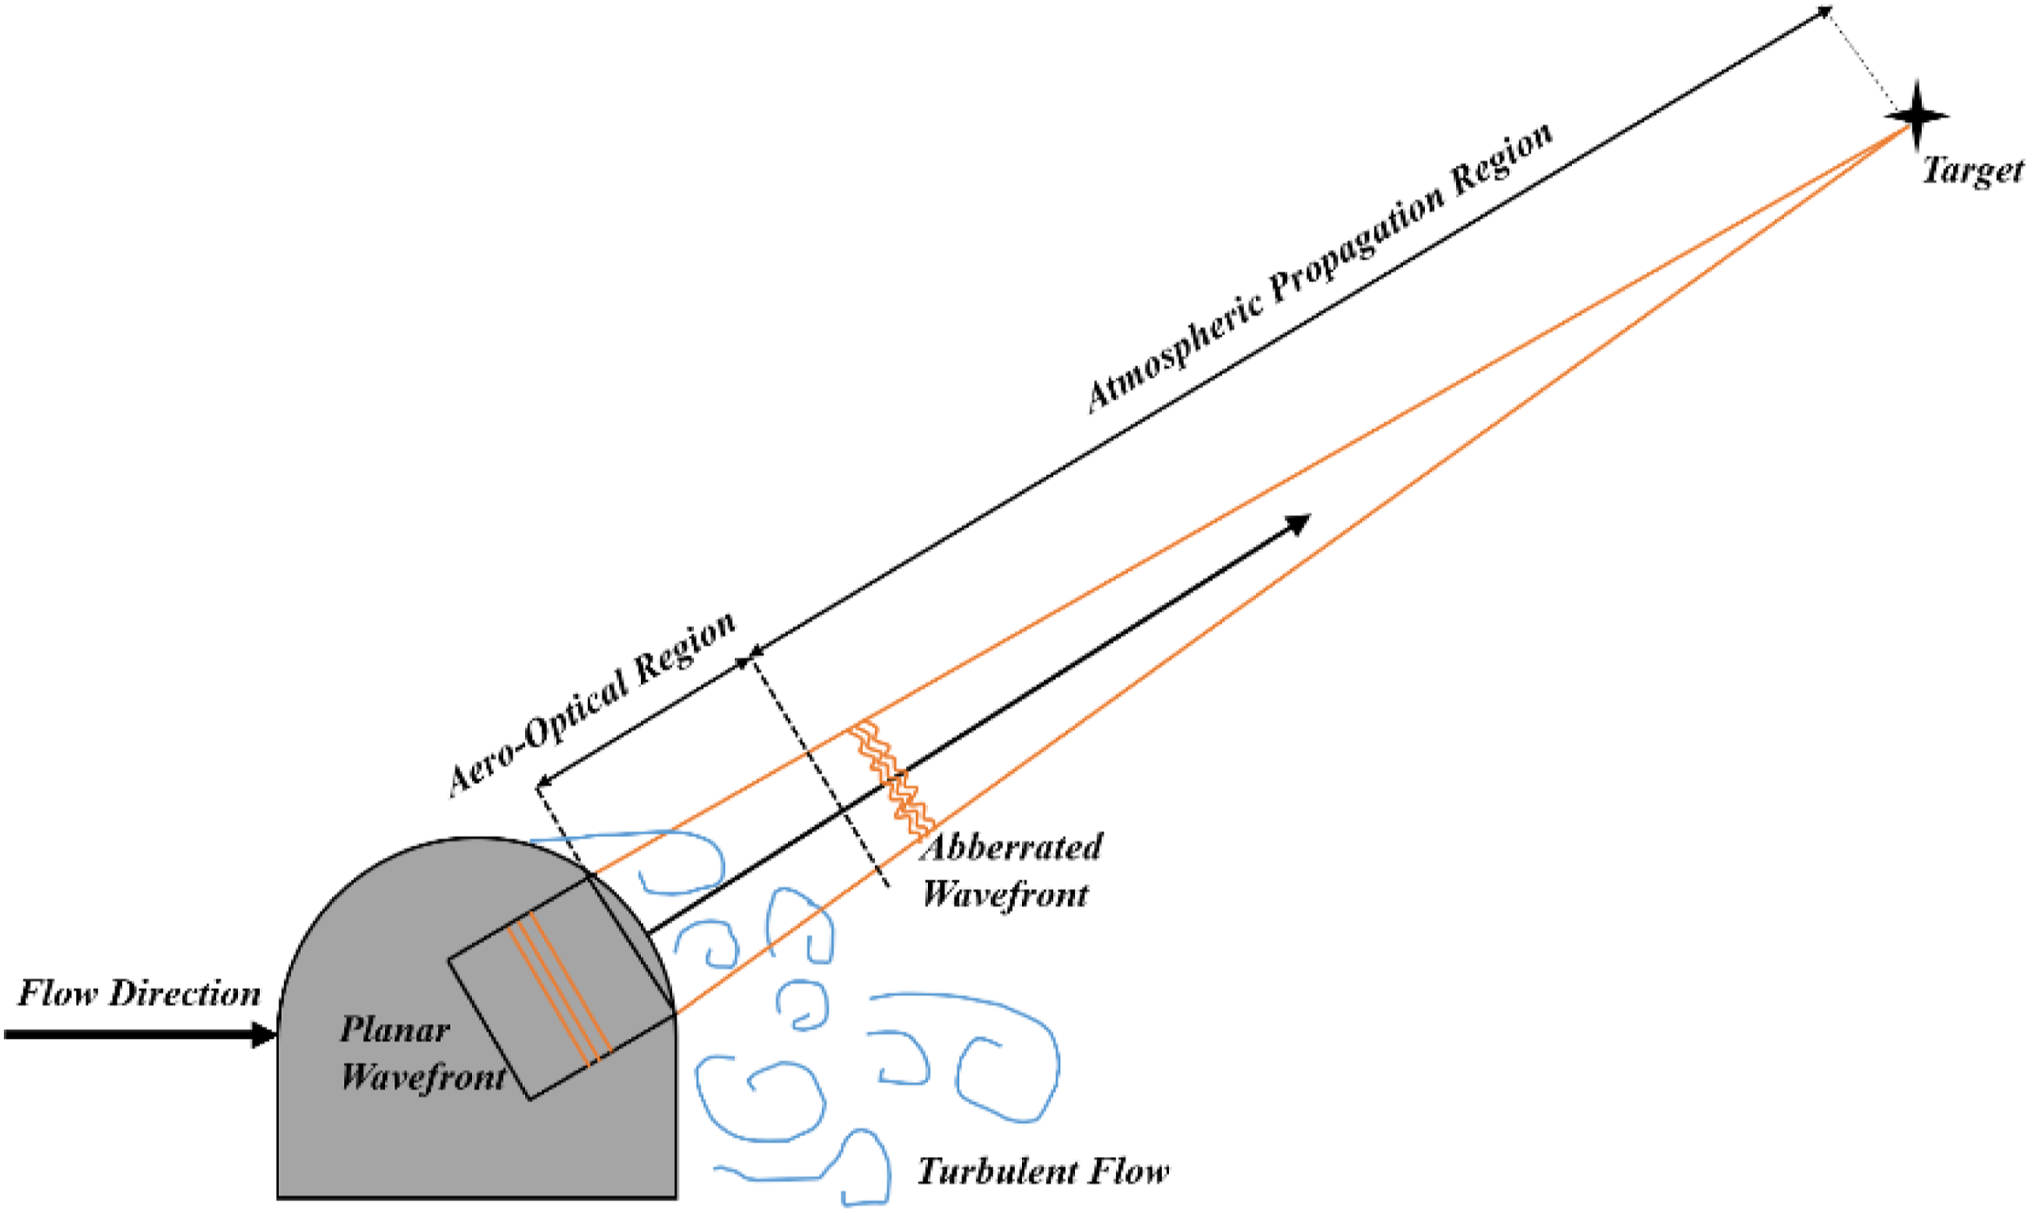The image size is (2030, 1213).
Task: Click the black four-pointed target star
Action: pyautogui.click(x=1916, y=116)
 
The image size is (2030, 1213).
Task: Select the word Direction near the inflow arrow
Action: pyautogui.click(x=185, y=993)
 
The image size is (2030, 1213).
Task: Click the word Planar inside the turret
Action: pyautogui.click(x=395, y=1029)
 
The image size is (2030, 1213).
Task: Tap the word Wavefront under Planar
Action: pyautogui.click(x=423, y=1076)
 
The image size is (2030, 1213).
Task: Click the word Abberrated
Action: pyautogui.click(x=1012, y=846)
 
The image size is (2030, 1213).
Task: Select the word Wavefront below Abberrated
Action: pyautogui.click(x=1006, y=893)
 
